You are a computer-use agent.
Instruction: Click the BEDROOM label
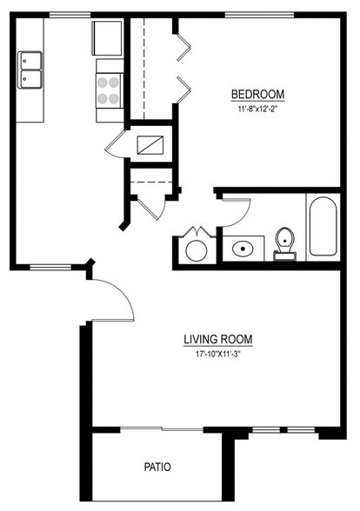click(x=257, y=95)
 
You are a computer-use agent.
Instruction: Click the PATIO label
click(x=157, y=467)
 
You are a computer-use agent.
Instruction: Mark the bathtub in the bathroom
click(x=322, y=227)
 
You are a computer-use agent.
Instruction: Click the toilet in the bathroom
click(x=284, y=242)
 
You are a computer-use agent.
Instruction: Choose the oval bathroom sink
click(x=242, y=249)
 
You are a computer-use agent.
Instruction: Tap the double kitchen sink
click(x=30, y=70)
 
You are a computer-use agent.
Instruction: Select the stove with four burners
click(x=109, y=88)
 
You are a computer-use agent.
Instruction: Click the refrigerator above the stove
click(x=108, y=38)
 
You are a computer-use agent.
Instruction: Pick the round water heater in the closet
click(x=196, y=250)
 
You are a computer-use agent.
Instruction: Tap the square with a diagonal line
click(x=153, y=143)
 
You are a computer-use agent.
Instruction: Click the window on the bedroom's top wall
click(x=258, y=15)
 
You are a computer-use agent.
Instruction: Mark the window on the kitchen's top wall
click(x=66, y=15)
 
